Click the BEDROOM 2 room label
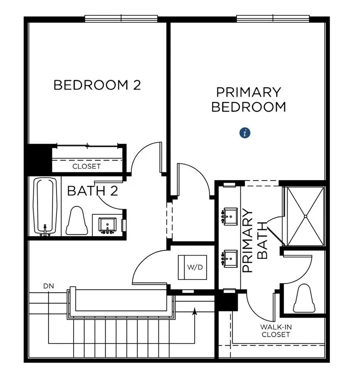click(97, 85)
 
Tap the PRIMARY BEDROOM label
click(249, 99)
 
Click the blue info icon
click(245, 133)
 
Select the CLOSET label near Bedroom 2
click(86, 166)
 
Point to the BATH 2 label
click(93, 191)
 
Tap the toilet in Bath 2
click(77, 221)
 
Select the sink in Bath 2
click(108, 225)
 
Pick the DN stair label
click(48, 286)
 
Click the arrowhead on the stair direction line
click(194, 311)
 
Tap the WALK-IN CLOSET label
click(276, 330)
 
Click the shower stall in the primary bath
click(305, 216)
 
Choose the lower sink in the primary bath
click(229, 258)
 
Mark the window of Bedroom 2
click(121, 18)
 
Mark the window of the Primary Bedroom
click(273, 18)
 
